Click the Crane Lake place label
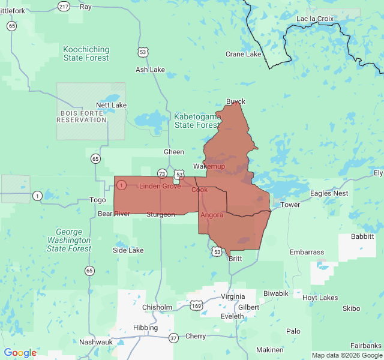pyautogui.click(x=243, y=54)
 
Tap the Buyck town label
pyautogui.click(x=236, y=101)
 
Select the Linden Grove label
pyautogui.click(x=160, y=186)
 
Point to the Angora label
pyautogui.click(x=212, y=215)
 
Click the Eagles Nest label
pyautogui.click(x=329, y=193)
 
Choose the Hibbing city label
pyautogui.click(x=145, y=328)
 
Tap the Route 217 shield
pyautogui.click(x=64, y=6)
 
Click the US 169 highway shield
pyautogui.click(x=197, y=306)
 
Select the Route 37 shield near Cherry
pyautogui.click(x=173, y=338)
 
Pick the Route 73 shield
pyautogui.click(x=162, y=173)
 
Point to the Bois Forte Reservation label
pyautogui.click(x=82, y=116)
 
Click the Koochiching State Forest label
pyautogui.click(x=86, y=53)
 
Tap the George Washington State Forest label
pyautogui.click(x=73, y=240)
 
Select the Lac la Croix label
pyautogui.click(x=315, y=19)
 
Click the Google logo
pyautogui.click(x=20, y=353)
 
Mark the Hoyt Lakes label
pyautogui.click(x=320, y=298)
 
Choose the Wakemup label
pyautogui.click(x=209, y=166)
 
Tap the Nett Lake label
pyautogui.click(x=111, y=105)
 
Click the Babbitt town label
pyautogui.click(x=362, y=236)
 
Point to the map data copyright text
pyautogui.click(x=347, y=355)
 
